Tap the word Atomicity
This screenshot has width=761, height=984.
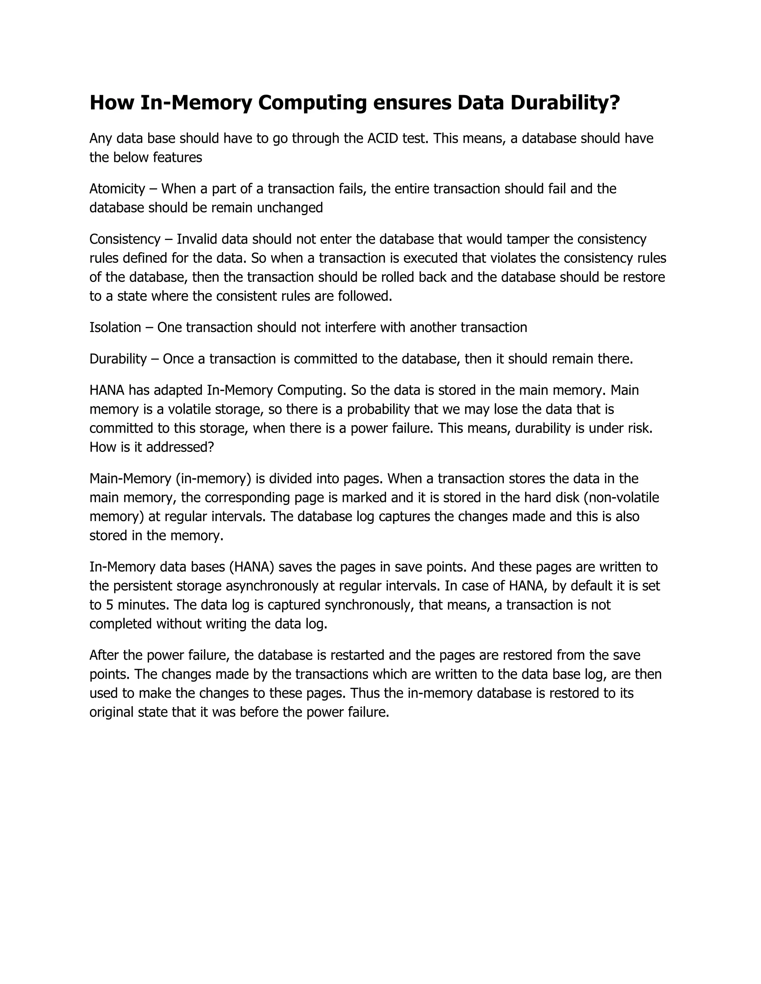pyautogui.click(x=117, y=188)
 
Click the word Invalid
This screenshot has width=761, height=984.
pyautogui.click(x=197, y=239)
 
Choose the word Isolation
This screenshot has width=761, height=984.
pyautogui.click(x=115, y=327)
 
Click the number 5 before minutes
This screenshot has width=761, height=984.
pyautogui.click(x=109, y=605)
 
